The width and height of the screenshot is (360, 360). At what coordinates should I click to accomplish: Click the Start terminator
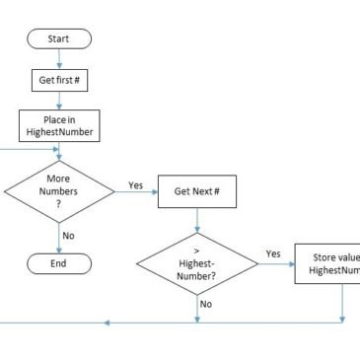tap(60, 38)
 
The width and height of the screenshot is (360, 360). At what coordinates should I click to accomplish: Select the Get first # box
tap(60, 80)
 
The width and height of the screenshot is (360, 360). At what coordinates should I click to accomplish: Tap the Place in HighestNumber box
tap(60, 125)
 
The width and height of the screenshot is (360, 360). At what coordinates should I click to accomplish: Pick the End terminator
tap(60, 263)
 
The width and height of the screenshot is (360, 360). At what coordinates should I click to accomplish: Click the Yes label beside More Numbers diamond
tap(135, 184)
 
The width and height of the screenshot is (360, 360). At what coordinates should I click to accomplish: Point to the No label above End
tap(69, 236)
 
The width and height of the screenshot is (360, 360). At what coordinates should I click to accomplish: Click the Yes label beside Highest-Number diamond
tap(272, 253)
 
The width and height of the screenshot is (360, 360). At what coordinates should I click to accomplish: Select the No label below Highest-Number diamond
tap(206, 305)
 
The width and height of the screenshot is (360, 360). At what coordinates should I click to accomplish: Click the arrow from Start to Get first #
tap(60, 57)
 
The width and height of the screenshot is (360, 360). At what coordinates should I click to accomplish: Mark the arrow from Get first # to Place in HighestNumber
tap(60, 101)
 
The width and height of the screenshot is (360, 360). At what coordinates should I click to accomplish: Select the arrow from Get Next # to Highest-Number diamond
tap(196, 219)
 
